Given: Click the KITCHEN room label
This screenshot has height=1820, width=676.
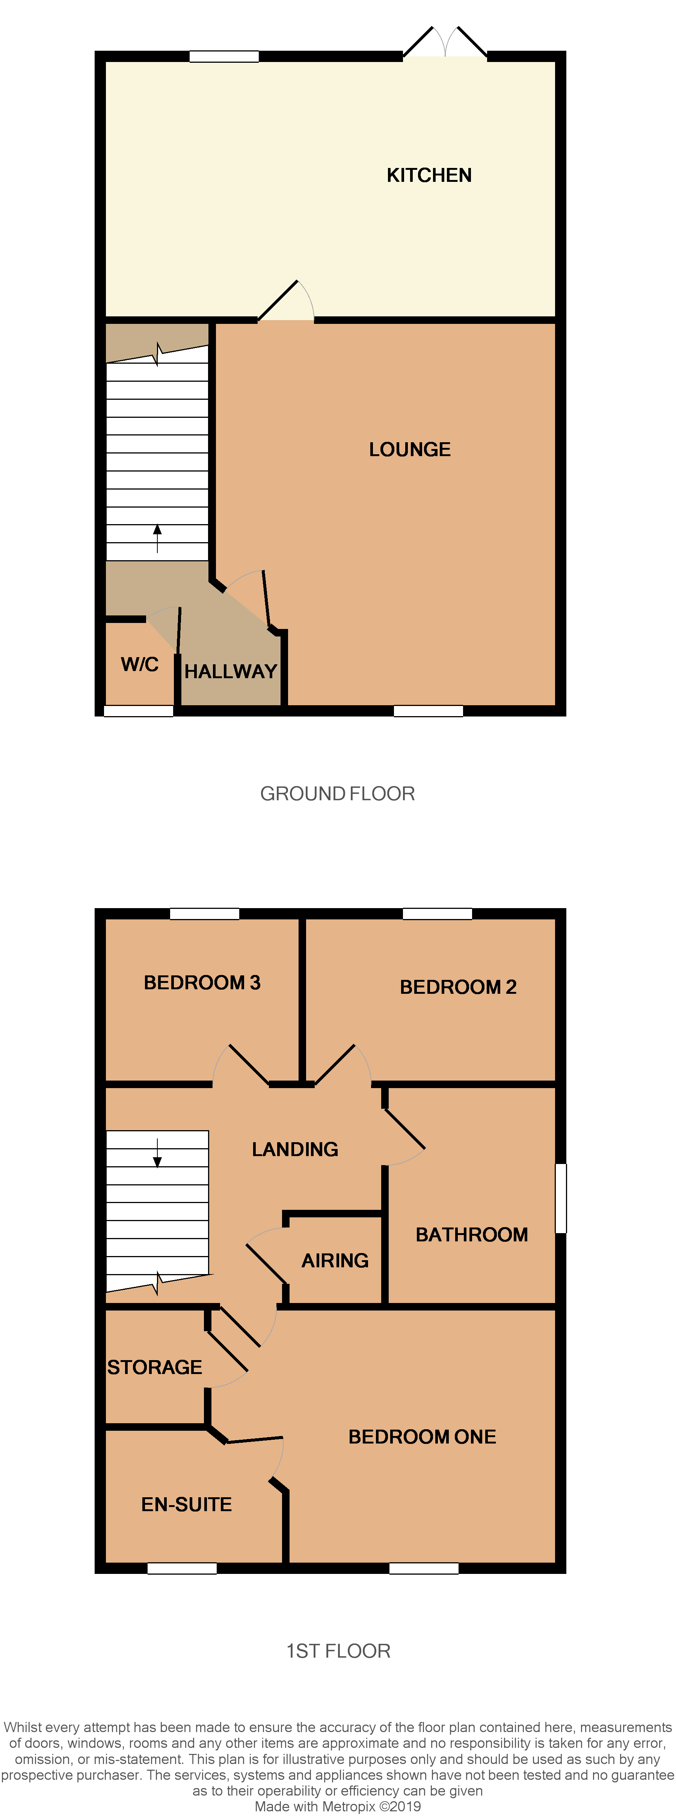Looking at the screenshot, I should click(x=429, y=175).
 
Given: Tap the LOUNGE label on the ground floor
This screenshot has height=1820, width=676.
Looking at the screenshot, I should click(x=410, y=449).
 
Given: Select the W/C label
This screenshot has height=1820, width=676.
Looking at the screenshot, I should click(x=139, y=664).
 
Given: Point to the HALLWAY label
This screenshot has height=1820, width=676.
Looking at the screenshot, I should click(x=230, y=671).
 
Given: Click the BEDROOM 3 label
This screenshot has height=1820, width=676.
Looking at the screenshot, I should click(x=202, y=983).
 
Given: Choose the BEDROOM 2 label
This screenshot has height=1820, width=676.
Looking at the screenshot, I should click(x=458, y=987).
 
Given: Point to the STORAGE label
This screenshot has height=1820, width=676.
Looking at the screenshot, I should click(x=155, y=1367).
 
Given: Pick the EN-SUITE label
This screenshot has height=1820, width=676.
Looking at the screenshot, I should click(x=187, y=1504).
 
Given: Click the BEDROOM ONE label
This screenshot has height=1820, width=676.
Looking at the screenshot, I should click(x=422, y=1436).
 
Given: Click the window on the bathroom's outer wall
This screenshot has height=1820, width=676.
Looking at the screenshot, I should click(x=561, y=1198).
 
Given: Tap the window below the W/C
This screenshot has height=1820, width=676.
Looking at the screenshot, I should click(x=139, y=711).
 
